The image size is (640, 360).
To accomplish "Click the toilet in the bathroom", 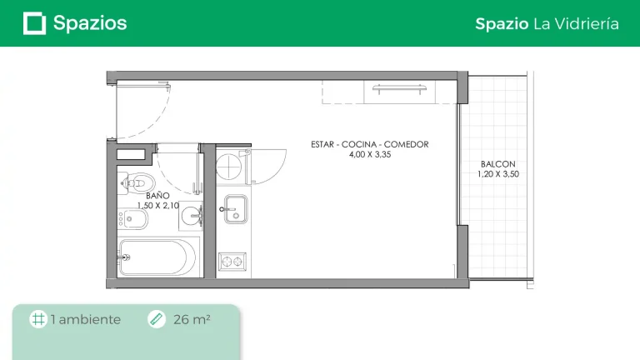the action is coord(137,182).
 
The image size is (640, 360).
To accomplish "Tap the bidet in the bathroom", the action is coord(133,219).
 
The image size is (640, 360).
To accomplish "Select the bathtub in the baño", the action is coord(157,257).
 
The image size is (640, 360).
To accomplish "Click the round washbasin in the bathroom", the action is coord(191,216).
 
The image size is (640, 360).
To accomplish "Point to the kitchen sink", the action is coord(235,209).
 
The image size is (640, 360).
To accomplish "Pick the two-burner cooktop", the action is coord(232,262).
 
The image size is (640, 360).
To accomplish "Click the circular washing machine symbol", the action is coord(229,167).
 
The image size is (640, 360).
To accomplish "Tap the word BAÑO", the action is coord(158,196).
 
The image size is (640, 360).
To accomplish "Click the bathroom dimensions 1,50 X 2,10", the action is coord(158,206).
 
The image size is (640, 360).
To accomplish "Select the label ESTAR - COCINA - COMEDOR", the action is coord(370,144).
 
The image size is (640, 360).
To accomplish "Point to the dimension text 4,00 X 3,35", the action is coord(370,155).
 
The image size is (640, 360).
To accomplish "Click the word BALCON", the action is coord(498,164).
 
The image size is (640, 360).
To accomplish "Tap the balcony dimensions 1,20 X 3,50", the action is coord(498,174).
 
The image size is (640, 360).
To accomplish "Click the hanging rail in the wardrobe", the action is coord(399,87).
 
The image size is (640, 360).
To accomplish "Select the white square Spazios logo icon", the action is coord(34,23).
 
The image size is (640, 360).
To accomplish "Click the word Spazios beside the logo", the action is coord(90,23).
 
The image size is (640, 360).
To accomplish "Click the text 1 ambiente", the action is coord(86,320).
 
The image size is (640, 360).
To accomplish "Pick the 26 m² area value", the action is coord(192,320).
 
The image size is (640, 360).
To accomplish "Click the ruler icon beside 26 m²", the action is coord(157,319).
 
